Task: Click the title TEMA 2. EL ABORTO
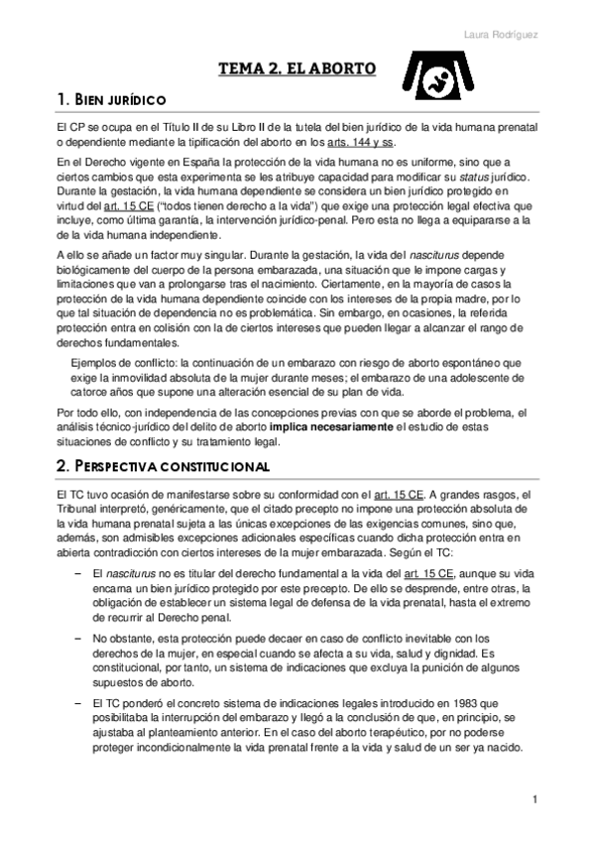pos(297,69)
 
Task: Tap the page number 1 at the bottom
pos(535,799)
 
